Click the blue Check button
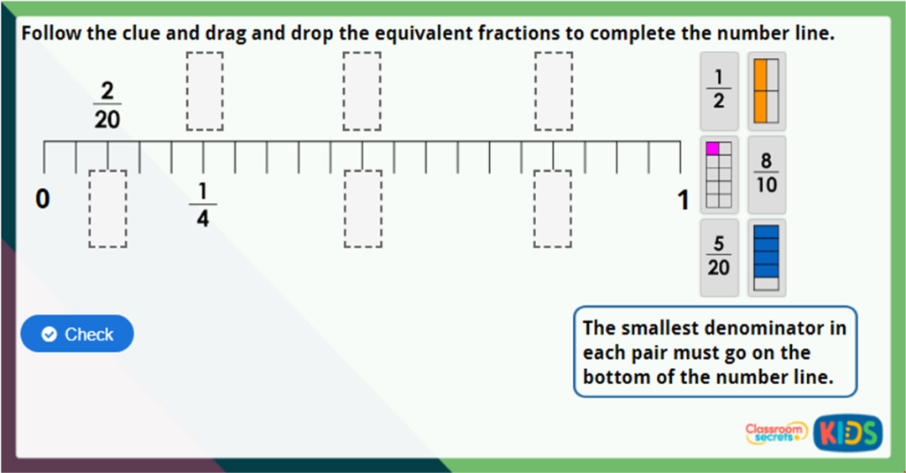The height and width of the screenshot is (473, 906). click(77, 334)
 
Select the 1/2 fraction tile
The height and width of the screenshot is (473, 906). click(719, 91)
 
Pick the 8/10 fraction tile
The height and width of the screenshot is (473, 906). click(766, 174)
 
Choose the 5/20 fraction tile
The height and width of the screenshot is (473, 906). click(719, 257)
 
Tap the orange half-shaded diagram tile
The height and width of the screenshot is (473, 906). click(766, 91)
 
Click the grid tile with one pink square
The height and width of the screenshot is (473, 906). click(719, 174)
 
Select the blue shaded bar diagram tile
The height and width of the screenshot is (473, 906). click(766, 257)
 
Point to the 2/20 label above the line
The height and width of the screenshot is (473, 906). click(107, 106)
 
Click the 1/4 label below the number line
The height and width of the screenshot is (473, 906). click(202, 204)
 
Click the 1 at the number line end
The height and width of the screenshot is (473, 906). click(683, 200)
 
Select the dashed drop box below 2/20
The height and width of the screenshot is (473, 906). click(107, 209)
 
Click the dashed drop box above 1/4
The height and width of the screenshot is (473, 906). click(205, 91)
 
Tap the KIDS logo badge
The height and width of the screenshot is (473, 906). click(847, 433)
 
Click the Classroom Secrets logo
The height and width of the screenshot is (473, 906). click(776, 432)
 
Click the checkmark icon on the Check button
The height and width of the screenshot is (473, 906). click(49, 335)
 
